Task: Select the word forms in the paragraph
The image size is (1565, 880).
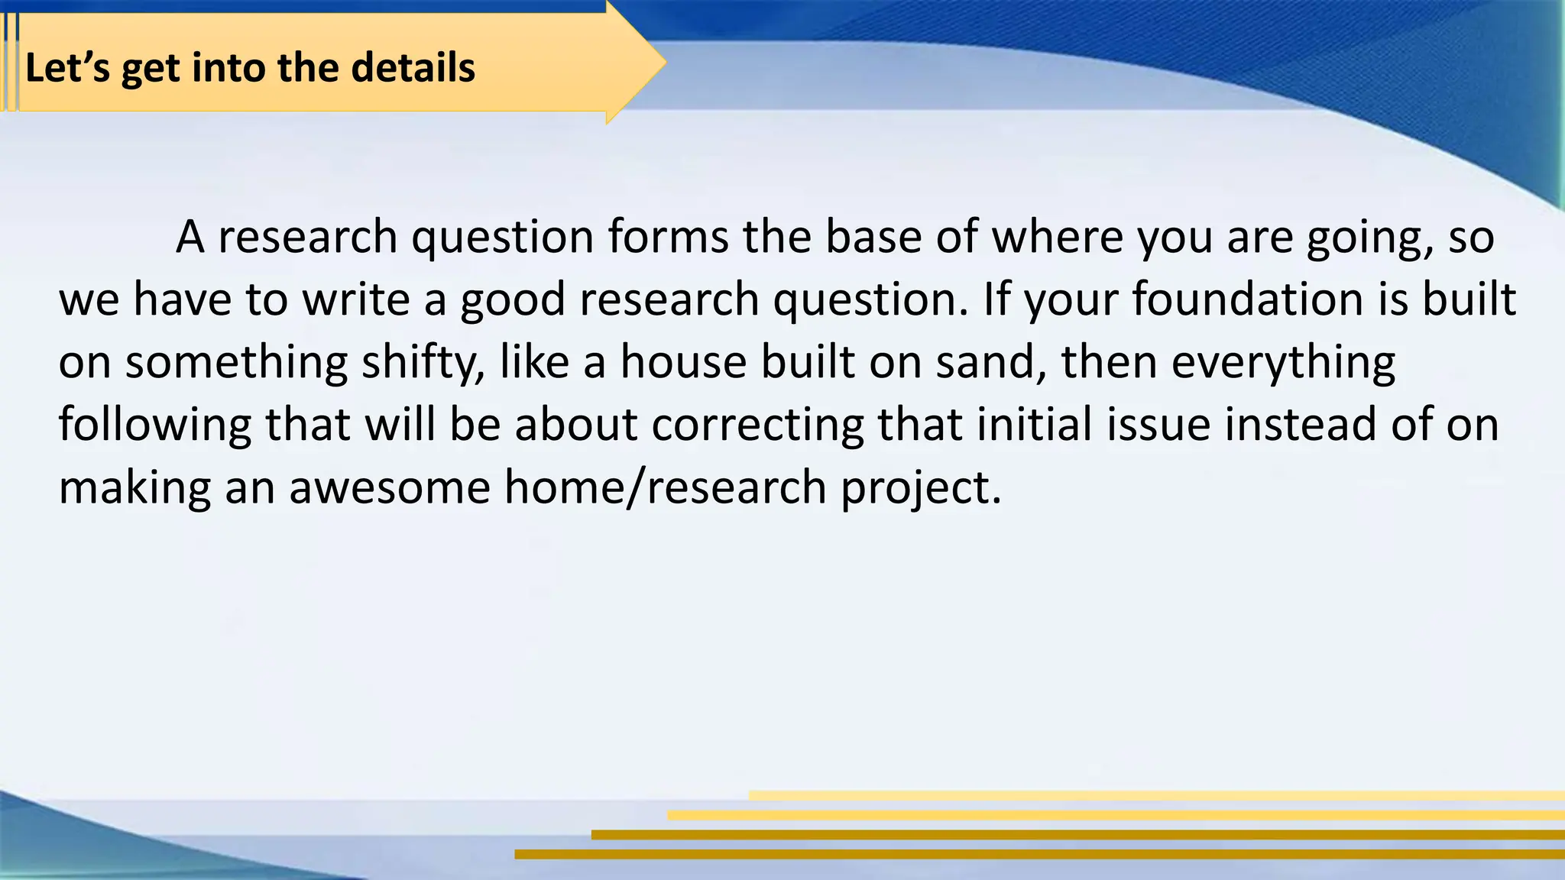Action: [668, 237]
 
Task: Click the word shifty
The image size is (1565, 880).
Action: [423, 362]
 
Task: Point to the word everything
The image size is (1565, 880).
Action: [1283, 362]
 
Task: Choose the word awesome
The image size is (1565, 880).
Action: [390, 487]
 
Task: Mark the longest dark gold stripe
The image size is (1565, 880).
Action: [1039, 854]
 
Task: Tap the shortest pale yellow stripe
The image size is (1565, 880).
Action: [1157, 795]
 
